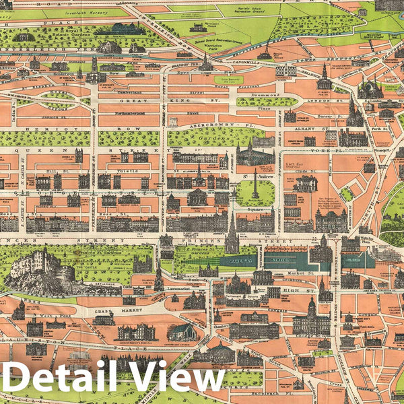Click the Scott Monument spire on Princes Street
232,232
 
